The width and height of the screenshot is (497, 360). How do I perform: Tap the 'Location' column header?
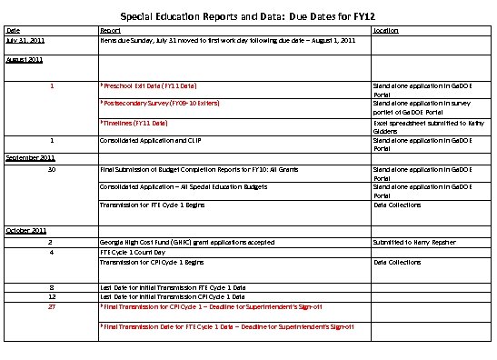click(x=385, y=30)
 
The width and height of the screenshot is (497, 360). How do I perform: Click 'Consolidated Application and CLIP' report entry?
click(x=149, y=140)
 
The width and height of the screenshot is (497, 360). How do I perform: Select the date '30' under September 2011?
click(x=52, y=169)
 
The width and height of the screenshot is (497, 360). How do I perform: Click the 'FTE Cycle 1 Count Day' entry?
click(x=133, y=251)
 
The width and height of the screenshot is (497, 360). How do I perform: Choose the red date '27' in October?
click(x=52, y=306)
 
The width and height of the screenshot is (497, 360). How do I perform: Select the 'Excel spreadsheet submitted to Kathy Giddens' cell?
click(x=419, y=126)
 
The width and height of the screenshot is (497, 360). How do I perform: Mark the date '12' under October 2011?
click(x=52, y=296)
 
